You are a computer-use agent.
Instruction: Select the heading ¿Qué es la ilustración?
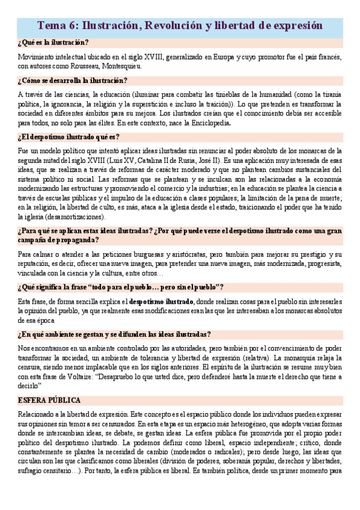[53, 42]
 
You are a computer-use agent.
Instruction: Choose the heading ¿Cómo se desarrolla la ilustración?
[72, 81]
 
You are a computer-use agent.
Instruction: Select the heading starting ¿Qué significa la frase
[121, 287]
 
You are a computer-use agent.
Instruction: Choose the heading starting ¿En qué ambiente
[114, 334]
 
